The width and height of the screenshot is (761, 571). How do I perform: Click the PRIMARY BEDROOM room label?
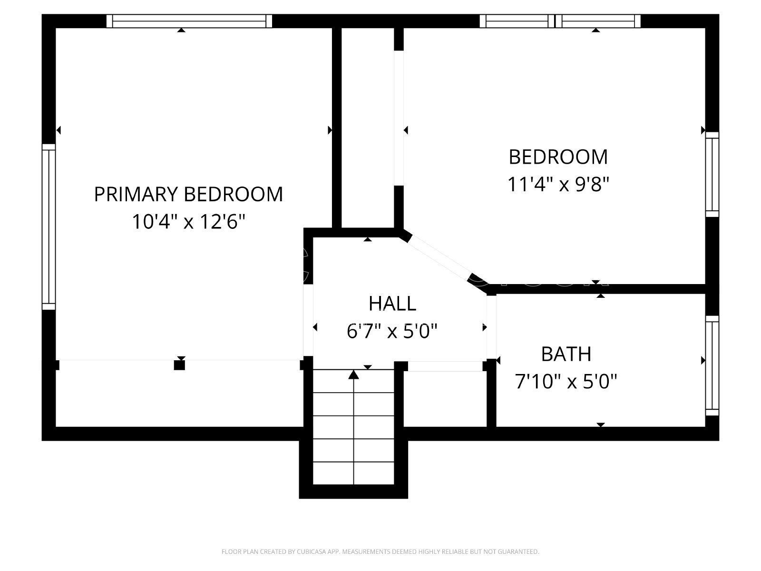[x=189, y=194]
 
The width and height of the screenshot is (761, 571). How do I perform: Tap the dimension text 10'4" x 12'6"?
[x=189, y=222]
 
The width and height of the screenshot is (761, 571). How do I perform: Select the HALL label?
[x=392, y=304]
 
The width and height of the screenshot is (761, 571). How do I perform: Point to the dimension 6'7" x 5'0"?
[x=392, y=331]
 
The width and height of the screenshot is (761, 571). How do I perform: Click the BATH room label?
[x=566, y=354]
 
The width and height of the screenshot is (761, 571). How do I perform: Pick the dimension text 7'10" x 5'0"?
[x=566, y=381]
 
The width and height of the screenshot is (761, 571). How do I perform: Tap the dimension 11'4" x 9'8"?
[x=558, y=184]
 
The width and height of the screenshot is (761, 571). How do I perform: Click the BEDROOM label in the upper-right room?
[x=558, y=157]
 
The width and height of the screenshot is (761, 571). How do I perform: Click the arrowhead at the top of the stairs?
[x=354, y=375]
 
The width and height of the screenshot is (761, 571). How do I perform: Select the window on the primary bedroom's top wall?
[x=189, y=21]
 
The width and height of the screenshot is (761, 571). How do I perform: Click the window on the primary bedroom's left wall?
[x=49, y=227]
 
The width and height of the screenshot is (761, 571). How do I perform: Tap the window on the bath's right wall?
[x=712, y=365]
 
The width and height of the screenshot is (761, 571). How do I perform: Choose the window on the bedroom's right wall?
[x=712, y=174]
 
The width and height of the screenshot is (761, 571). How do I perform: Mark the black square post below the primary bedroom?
[x=179, y=365]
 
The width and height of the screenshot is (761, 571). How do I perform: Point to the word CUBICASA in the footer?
[x=311, y=551]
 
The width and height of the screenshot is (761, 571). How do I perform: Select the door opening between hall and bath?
[x=492, y=327]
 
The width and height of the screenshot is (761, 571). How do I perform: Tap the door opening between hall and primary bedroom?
[x=308, y=320]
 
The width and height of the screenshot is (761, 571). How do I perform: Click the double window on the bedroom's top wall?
[x=560, y=21]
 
